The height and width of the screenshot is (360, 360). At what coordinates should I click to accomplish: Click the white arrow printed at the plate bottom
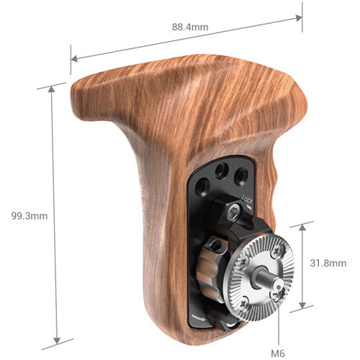coord(199,315)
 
